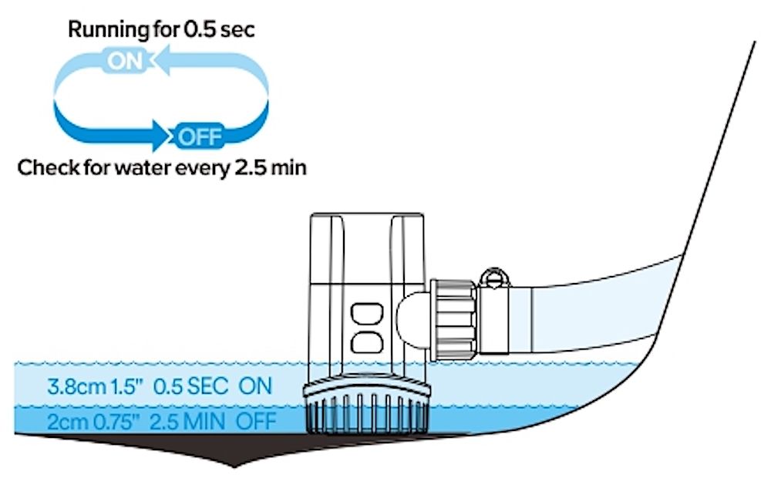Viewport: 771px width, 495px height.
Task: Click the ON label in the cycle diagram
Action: point(125,62)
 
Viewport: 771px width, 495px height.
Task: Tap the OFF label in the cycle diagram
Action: point(200,136)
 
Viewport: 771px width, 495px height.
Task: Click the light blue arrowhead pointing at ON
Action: point(162,60)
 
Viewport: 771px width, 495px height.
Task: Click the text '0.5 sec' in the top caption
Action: point(219,29)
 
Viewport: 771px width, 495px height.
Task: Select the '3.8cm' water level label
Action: point(76,386)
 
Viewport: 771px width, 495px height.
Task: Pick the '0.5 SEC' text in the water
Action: point(190,386)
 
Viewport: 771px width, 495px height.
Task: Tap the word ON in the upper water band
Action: point(255,386)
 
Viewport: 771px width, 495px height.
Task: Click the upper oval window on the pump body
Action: point(367,314)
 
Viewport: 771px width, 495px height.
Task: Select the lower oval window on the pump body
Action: point(367,342)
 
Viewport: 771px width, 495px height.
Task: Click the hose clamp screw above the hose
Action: point(494,278)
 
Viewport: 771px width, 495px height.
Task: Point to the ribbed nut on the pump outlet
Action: point(453,319)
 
